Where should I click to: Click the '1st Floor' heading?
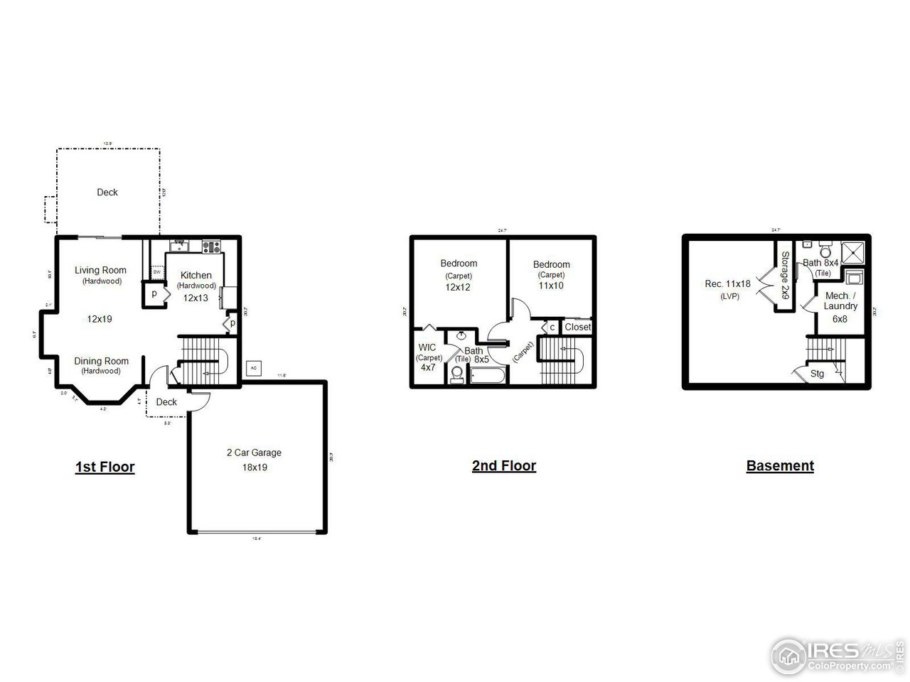tap(105, 467)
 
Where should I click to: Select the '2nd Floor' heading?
tap(503, 466)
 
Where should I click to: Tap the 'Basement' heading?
tap(780, 466)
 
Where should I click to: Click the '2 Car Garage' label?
tap(254, 453)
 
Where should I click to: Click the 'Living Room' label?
tap(100, 270)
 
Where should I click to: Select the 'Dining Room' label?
tap(102, 361)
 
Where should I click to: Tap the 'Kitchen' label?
tap(196, 276)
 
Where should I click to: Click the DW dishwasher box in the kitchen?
tap(156, 272)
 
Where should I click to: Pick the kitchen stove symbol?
tap(212, 247)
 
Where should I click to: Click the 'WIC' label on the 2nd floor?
tap(427, 347)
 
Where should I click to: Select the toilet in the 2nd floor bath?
tap(457, 374)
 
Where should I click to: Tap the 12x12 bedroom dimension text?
tap(458, 288)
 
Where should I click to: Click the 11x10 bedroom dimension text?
tap(551, 286)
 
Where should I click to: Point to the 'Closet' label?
tap(577, 328)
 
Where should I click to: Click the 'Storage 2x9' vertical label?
tap(785, 274)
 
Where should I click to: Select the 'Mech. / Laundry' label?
tap(840, 301)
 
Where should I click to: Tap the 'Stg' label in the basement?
tap(817, 374)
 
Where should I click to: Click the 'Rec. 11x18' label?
tap(727, 283)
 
